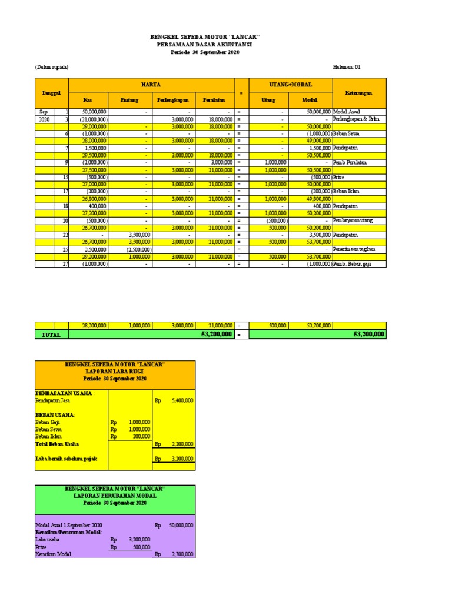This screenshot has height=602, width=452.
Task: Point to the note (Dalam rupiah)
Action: point(52,67)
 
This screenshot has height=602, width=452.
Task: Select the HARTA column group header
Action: point(151,85)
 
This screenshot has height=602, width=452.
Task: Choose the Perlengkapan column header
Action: point(172,101)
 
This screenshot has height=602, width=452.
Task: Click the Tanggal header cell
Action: point(52,93)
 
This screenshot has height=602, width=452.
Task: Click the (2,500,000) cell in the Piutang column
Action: point(139,249)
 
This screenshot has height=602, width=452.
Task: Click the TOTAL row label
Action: point(52,334)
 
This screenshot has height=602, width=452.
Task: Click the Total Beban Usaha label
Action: point(57,444)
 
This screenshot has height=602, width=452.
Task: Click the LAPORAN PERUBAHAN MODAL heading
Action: point(115,496)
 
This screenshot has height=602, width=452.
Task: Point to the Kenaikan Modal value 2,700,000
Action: point(182,554)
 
